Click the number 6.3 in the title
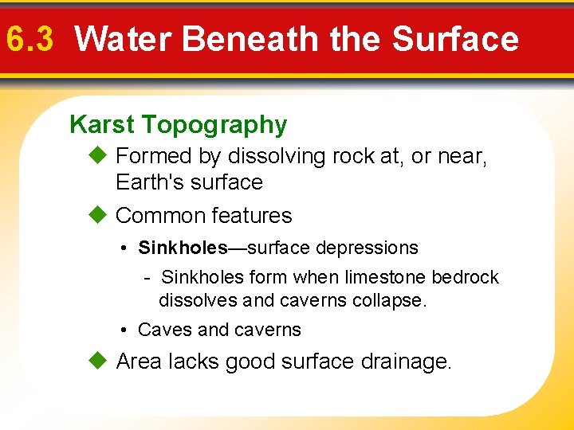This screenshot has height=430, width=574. pyautogui.click(x=29, y=38)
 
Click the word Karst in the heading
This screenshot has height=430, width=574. pyautogui.click(x=102, y=124)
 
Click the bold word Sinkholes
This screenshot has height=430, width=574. pyautogui.click(x=183, y=248)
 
